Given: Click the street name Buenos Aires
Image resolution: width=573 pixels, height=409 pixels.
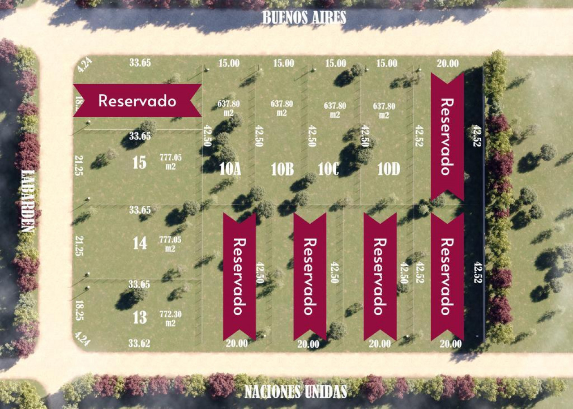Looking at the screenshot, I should coord(304,17).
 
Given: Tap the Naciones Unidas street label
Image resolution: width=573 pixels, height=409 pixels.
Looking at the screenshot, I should coord(295,392).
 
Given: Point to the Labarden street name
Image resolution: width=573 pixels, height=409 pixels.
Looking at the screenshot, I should coord(27,201).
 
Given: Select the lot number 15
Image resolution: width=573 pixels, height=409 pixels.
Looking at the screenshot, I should coord(139,162).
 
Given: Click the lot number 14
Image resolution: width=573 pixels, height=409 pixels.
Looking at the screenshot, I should coord(140,243).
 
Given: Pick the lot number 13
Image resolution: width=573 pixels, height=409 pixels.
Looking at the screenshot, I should coord(140,317).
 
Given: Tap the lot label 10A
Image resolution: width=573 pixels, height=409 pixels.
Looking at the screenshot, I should coord(231,169).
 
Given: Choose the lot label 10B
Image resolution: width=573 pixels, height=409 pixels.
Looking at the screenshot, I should coord(282,169).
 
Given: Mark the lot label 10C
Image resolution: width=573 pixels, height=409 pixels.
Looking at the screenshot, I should coord(328,169).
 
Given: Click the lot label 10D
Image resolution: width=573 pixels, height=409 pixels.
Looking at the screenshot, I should coord(388,169).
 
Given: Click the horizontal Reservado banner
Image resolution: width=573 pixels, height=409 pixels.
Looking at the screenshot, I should coord(137,101).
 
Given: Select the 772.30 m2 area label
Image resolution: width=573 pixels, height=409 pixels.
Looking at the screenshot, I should coord(170,318).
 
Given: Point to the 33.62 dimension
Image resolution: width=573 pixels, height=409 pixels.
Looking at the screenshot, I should coord(139,344).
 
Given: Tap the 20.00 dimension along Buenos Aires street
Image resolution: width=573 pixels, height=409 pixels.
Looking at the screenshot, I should coord(448,64).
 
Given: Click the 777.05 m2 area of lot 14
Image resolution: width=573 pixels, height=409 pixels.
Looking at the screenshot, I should coord(170,244).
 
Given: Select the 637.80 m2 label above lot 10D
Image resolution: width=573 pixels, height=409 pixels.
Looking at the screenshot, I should coord(384,110).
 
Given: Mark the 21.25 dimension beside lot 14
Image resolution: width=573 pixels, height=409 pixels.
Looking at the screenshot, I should coord(79,247).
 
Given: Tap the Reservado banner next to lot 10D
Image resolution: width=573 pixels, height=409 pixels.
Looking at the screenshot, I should coord(447,136).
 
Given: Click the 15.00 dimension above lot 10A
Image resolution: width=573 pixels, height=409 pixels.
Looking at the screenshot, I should coord(229,64).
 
